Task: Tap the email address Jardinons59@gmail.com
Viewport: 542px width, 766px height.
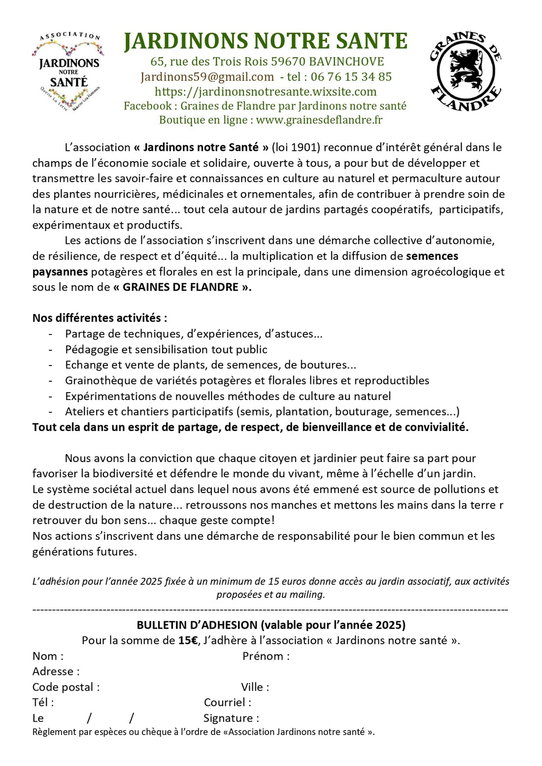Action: pos(207,77)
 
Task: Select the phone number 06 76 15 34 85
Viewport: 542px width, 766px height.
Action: pos(351,77)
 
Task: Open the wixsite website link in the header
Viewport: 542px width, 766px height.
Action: pos(266,92)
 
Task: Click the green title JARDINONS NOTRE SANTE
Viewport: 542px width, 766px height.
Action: pos(266,41)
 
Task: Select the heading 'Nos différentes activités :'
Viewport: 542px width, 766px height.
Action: pos(100,318)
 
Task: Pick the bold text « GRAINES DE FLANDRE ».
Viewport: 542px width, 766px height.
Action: pos(182,287)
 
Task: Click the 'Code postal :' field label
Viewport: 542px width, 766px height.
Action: pos(66,687)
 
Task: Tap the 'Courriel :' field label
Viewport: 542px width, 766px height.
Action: pos(228,702)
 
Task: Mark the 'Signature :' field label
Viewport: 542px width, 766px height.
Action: pos(231,718)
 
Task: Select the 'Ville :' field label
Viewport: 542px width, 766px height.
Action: pos(255,687)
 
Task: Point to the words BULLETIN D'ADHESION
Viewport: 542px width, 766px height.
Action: pos(197,625)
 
